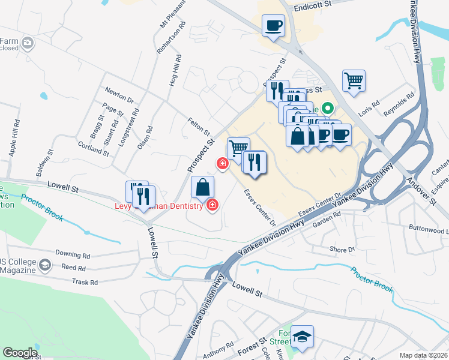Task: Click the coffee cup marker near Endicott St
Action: point(273,26)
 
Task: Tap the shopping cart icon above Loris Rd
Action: point(354,80)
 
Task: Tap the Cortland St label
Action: point(93,148)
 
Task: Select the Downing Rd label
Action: point(72,254)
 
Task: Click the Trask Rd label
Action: point(84,281)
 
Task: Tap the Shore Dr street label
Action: point(342,249)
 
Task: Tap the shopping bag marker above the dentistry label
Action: point(202,187)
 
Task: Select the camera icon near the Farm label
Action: point(28,43)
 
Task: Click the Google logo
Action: point(19,352)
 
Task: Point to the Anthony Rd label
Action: point(217,350)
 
